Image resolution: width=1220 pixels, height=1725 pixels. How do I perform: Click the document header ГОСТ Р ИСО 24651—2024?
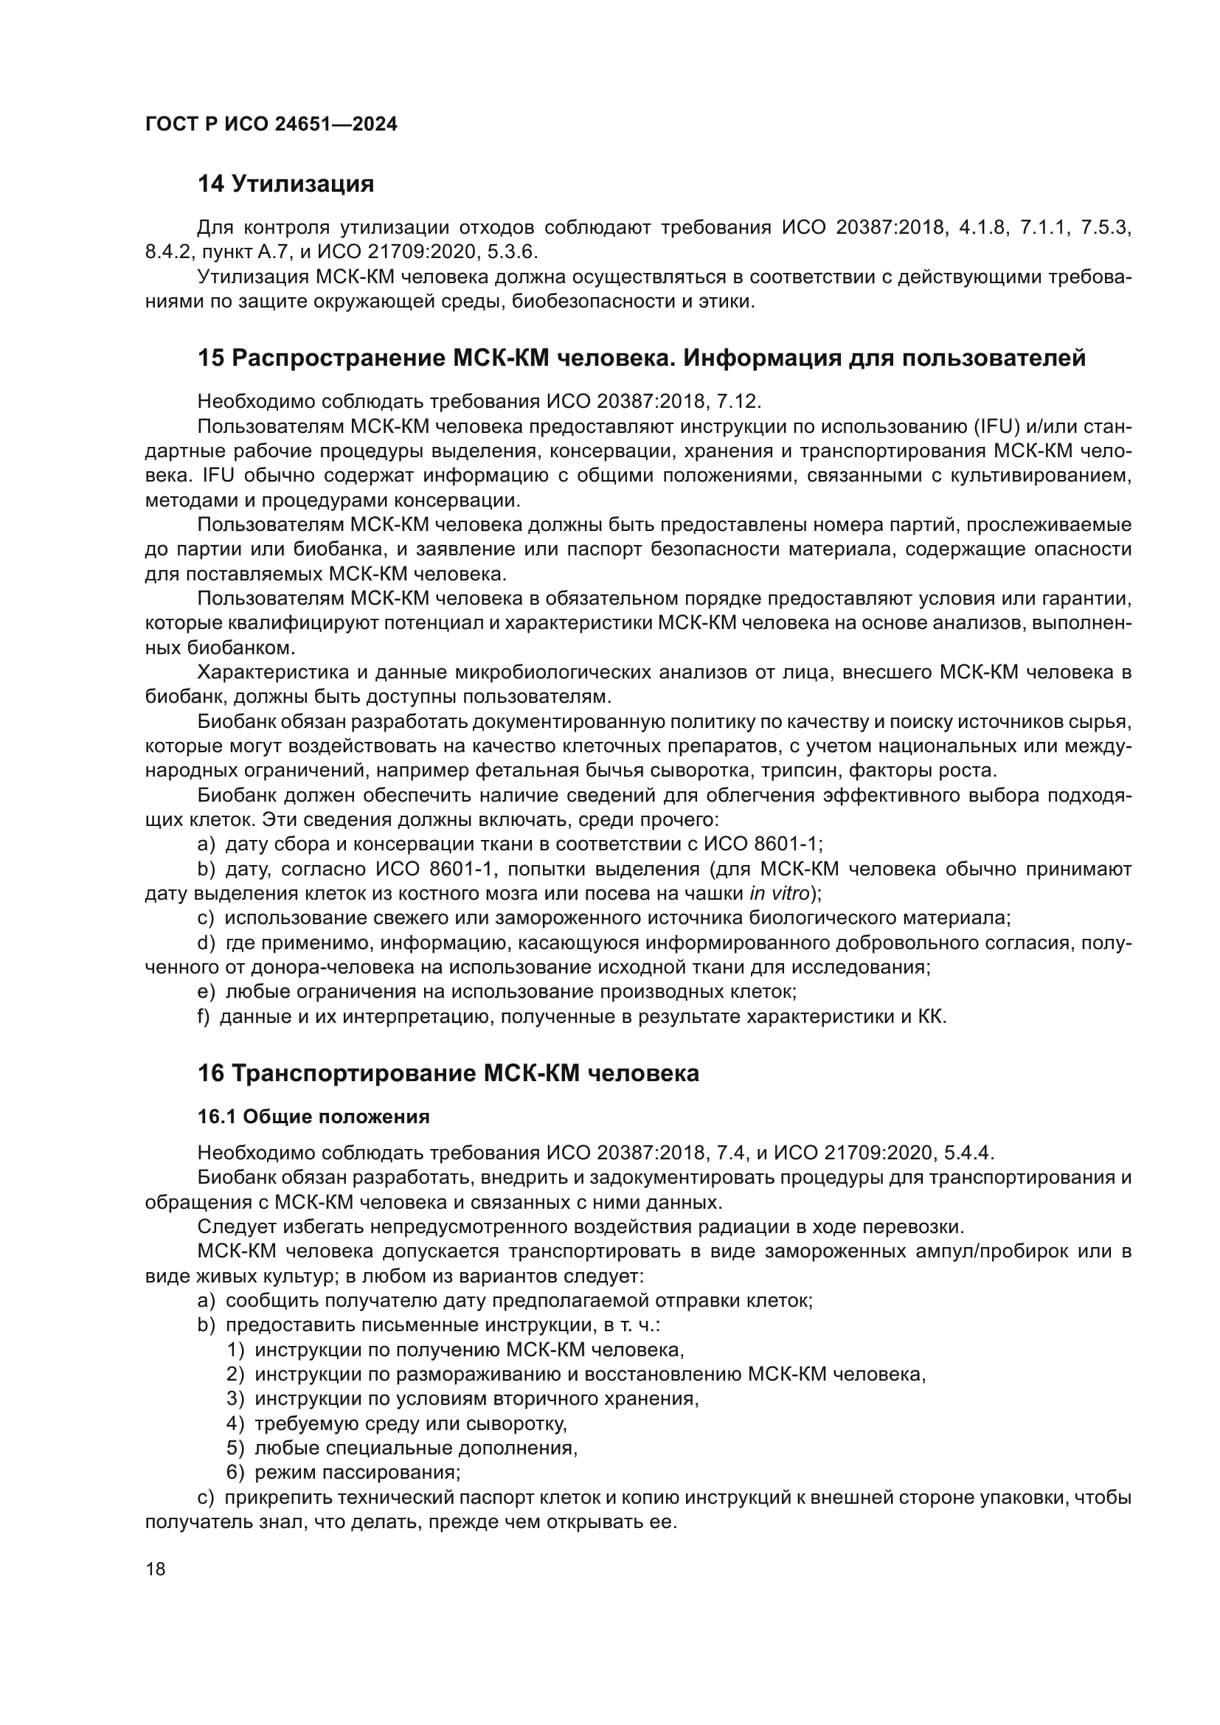coord(271,125)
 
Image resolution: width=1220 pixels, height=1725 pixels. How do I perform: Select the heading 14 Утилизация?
coord(285,184)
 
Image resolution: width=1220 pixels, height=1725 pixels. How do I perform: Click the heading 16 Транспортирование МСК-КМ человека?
coord(448,1073)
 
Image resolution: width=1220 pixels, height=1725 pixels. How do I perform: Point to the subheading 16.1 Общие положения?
coord(313,1117)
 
